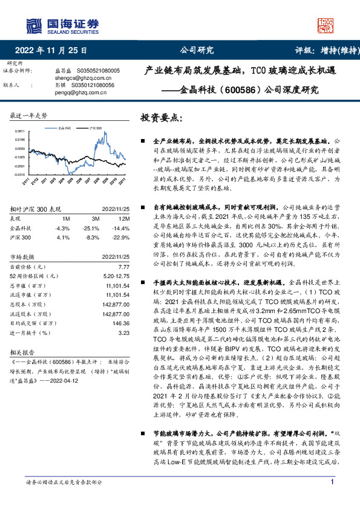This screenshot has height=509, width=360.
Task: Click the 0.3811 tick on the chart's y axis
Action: click(21, 131)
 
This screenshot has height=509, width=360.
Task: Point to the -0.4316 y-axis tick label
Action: click(20, 174)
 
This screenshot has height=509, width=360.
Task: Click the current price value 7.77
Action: click(124, 267)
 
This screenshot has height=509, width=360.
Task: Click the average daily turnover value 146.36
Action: click(120, 323)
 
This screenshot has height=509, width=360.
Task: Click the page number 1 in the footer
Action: click(332, 499)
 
